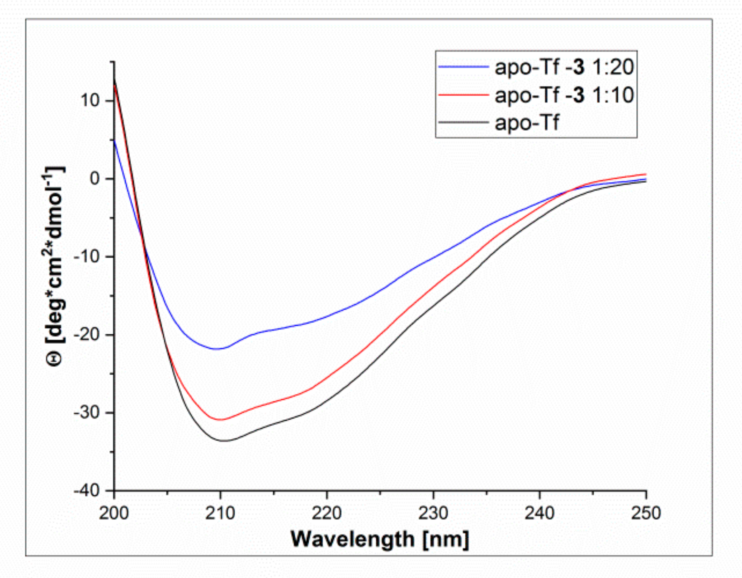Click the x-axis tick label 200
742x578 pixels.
[x=114, y=513]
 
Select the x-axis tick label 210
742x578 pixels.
[x=220, y=513]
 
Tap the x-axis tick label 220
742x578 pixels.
[x=326, y=513]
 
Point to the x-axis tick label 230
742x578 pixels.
[x=433, y=513]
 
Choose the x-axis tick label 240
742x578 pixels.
[x=539, y=513]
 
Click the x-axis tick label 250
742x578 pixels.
[x=646, y=513]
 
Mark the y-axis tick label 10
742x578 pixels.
[x=90, y=100]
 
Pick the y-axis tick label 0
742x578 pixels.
[x=94, y=179]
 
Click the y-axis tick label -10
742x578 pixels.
[x=87, y=257]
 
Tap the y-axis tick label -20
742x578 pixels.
[x=87, y=335]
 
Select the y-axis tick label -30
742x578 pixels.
[x=87, y=413]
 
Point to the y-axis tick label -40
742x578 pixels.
[x=87, y=491]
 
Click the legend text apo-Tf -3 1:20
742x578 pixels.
[x=564, y=67]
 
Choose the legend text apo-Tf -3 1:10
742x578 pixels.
[x=564, y=95]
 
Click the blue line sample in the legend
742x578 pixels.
[x=463, y=67]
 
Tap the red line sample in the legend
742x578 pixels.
[x=463, y=95]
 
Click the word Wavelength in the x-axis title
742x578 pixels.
[x=352, y=539]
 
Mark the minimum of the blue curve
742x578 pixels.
[x=217, y=349]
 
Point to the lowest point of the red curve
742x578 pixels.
[x=220, y=420]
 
